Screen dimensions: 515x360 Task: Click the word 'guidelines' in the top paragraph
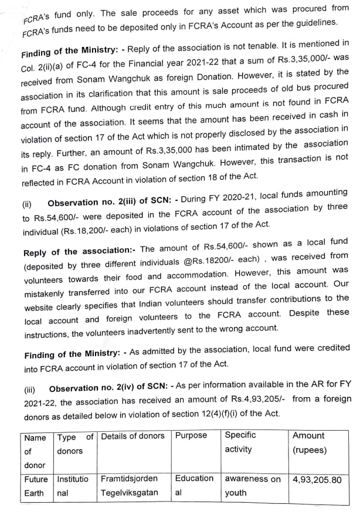316,22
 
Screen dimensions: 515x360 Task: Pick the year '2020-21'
266,193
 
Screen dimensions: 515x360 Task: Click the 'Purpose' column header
191,435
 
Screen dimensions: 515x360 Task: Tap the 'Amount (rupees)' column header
308,442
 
